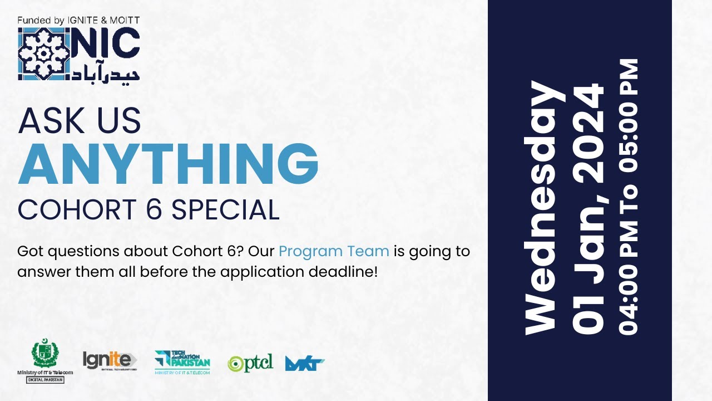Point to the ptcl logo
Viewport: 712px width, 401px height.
250,363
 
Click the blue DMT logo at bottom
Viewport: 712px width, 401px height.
304,364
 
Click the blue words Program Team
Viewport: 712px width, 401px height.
334,251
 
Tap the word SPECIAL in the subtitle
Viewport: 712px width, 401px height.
225,210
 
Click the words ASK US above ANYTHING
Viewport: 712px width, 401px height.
80,121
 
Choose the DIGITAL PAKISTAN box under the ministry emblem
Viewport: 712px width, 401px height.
45,380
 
